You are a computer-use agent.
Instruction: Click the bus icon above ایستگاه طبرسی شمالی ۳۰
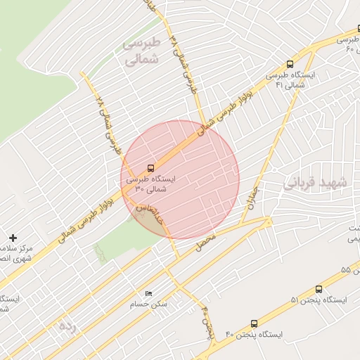click(151, 168)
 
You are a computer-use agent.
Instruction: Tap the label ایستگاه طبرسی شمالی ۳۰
click(151, 184)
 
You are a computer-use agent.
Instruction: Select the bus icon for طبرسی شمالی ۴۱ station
click(290, 64)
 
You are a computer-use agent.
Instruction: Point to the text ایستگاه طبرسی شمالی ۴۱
click(290, 79)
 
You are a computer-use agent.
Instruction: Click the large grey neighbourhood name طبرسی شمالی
click(142, 51)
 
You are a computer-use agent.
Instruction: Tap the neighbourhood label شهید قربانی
click(316, 182)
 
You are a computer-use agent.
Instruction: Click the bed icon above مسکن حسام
click(148, 293)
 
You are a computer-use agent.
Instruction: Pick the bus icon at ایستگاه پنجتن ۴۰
click(253, 323)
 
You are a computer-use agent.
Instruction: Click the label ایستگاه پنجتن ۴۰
click(254, 335)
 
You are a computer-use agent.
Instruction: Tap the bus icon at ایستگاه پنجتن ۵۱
click(319, 289)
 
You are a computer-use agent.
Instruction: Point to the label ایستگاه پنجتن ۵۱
click(319, 300)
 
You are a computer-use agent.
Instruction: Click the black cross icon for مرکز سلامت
click(13, 238)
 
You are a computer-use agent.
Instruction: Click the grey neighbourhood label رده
click(67, 326)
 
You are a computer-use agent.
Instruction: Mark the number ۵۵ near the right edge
click(345, 270)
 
